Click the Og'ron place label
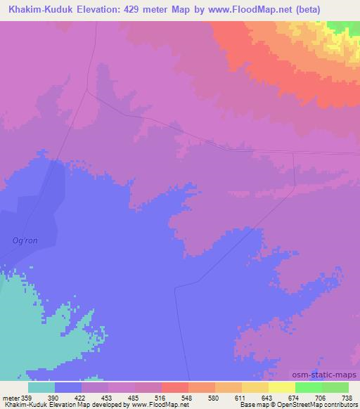[25, 240]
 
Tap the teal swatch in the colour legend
[41, 387]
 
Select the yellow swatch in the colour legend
[281, 387]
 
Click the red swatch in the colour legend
[174, 387]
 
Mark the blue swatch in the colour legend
[67, 387]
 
